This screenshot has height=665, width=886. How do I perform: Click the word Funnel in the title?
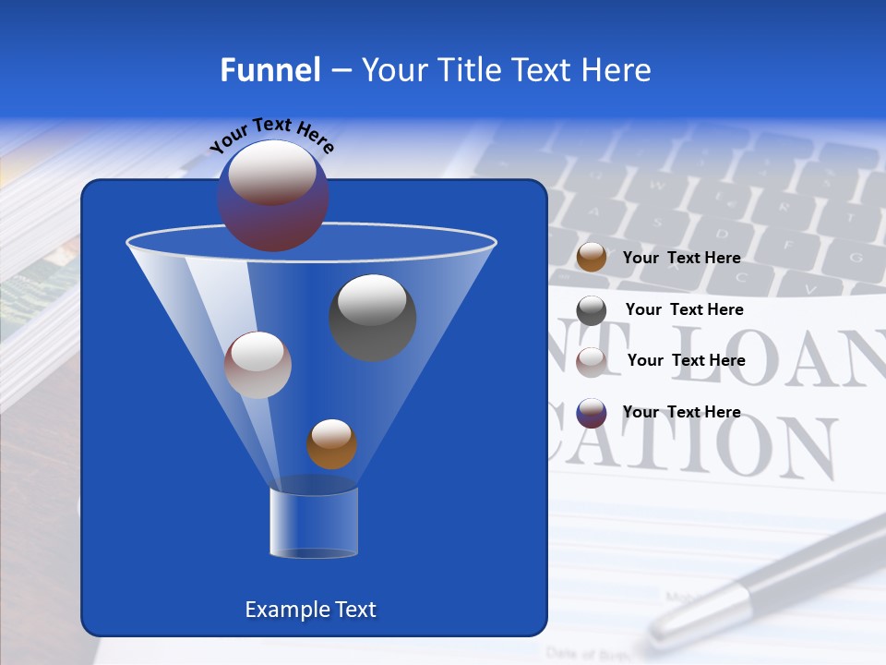click(x=269, y=70)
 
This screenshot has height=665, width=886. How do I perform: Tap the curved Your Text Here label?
click(x=271, y=135)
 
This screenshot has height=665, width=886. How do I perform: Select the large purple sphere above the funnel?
click(x=272, y=196)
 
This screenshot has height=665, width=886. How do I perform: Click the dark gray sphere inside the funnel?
click(x=372, y=317)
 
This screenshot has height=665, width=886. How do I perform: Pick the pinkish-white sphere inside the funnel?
click(x=257, y=365)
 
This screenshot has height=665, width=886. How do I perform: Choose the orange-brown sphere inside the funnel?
click(x=331, y=443)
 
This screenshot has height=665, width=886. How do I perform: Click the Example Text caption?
click(x=310, y=610)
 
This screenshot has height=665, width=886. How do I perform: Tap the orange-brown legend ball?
click(x=592, y=258)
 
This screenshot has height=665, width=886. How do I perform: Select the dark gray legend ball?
click(x=592, y=310)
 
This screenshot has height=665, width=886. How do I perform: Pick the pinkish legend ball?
click(x=592, y=361)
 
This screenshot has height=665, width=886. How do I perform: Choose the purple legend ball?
click(x=592, y=413)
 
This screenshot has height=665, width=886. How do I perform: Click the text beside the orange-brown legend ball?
click(x=681, y=258)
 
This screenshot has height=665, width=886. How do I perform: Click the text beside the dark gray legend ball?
click(x=684, y=309)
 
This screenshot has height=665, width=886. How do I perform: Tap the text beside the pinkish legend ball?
click(x=686, y=360)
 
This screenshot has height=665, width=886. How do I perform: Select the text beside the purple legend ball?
click(x=681, y=412)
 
